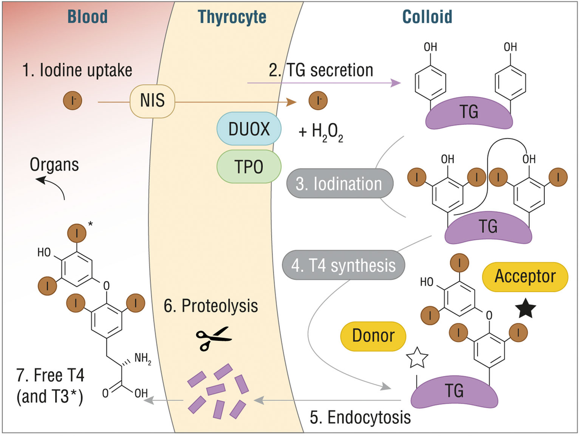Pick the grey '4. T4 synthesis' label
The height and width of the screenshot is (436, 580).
point(344,265)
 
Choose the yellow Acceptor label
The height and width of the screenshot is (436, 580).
point(525,276)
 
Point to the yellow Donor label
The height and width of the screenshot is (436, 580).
point(373,335)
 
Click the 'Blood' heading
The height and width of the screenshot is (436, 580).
point(87,17)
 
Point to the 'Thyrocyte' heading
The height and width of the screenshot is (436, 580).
point(232,17)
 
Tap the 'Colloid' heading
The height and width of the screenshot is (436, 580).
point(427,17)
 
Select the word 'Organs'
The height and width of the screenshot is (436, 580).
point(54,164)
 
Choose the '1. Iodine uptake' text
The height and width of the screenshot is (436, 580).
point(77,71)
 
